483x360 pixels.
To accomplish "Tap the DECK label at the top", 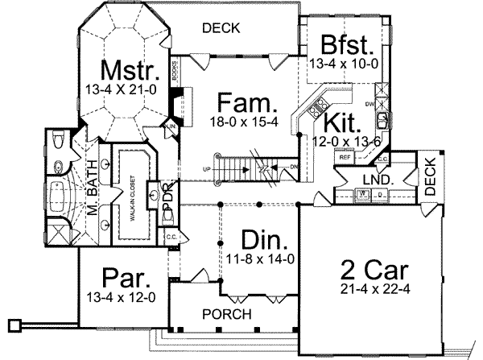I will tap(221, 28).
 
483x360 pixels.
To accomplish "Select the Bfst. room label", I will tap(345, 43).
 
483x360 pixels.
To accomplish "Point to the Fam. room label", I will tap(248, 103).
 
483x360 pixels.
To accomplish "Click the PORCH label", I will tap(228, 314).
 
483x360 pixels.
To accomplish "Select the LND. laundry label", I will tap(376, 178).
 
